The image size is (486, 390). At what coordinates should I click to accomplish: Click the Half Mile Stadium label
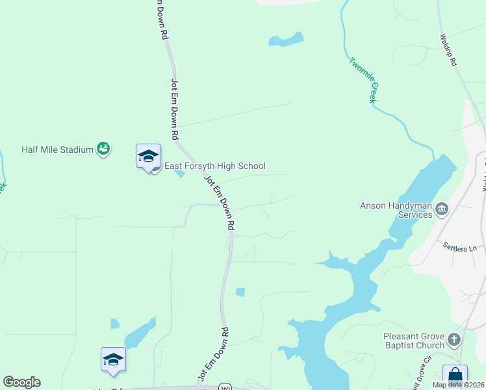(57, 149)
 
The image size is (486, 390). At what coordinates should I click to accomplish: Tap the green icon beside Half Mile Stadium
(103, 149)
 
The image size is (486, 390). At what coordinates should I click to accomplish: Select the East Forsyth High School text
(214, 166)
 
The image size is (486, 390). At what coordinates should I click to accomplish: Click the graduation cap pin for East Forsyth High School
(148, 157)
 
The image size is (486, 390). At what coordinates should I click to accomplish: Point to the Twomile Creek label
(363, 81)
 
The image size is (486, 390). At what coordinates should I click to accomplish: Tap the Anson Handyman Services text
(396, 210)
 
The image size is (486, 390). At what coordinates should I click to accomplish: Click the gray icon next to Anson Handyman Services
(441, 209)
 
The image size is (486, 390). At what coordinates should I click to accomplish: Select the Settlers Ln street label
(459, 247)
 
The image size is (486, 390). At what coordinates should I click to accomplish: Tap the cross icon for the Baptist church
(454, 339)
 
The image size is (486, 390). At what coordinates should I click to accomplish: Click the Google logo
(21, 382)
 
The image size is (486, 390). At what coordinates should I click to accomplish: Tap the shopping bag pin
(455, 376)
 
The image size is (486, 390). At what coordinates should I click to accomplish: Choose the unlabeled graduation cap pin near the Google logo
(113, 360)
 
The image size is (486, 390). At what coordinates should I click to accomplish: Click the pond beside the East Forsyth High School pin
(179, 174)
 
